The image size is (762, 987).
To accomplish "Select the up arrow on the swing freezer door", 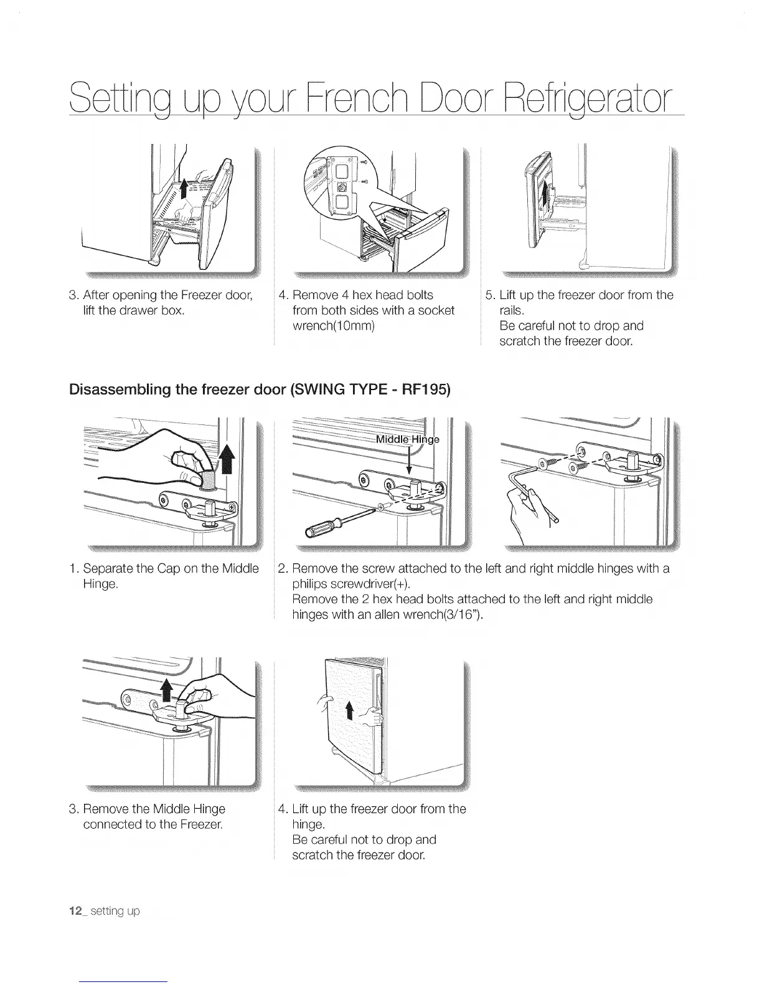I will [349, 710].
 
